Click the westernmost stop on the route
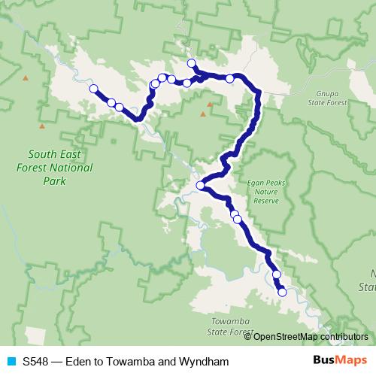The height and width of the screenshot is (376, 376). pos(94,89)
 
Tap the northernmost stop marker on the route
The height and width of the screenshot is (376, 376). pos(191,63)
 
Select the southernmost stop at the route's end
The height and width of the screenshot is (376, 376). pos(282,293)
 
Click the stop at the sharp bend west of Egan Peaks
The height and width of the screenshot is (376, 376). pos(200,186)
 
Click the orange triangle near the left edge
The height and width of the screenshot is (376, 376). pos(26,77)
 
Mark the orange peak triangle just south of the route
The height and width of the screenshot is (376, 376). pos(202,114)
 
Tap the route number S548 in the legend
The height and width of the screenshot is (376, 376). pos(36,362)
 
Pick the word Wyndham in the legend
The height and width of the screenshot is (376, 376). pos(201,362)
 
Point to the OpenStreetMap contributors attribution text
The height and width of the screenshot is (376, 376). pos(310,336)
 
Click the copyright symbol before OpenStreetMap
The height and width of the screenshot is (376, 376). pos(249,336)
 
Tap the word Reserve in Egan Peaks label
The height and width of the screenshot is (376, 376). pos(267,201)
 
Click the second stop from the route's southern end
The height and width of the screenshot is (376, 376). pos(277,284)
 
